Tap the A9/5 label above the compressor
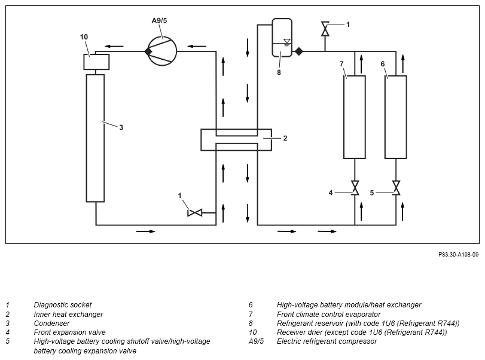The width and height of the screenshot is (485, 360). click(159, 21)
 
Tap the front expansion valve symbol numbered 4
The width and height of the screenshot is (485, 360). click(355, 188)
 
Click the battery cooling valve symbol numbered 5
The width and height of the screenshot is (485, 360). click(396, 188)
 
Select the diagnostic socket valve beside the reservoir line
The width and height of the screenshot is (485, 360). click(325, 29)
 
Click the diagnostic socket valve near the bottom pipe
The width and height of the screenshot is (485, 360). click(195, 213)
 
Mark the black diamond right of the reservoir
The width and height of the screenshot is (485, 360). click(299, 51)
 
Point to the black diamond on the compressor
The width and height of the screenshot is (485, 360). click(148, 51)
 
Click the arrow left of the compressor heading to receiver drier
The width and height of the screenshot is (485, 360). click(114, 47)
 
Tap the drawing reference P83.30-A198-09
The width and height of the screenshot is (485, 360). click(458, 255)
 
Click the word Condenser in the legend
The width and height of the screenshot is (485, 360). click(51, 323)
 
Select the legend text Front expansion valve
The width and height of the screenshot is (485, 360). click(69, 332)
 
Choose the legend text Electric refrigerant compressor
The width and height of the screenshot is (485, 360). click(327, 341)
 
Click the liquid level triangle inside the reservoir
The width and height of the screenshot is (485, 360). click(286, 41)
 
